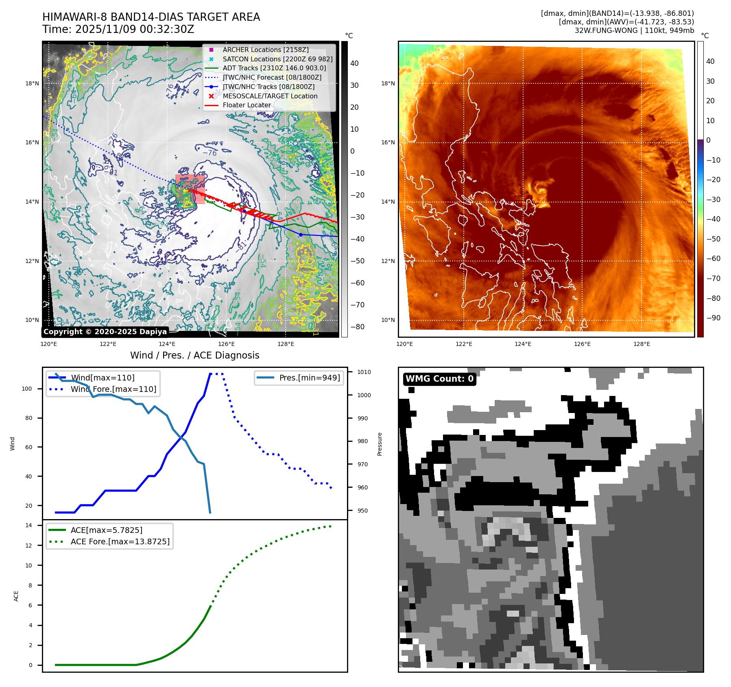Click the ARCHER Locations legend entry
pos(265,50)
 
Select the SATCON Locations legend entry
pos(277,59)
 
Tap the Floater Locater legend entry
pos(247,105)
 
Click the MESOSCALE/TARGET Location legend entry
pos(270,96)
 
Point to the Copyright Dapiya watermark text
pos(105,332)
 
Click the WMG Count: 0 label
pos(439,379)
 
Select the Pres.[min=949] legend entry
pos(309,378)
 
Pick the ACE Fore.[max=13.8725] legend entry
pos(120,541)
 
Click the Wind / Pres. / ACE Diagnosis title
pos(194,355)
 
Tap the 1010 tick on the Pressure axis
pos(364,372)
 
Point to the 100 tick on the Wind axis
pos(27,389)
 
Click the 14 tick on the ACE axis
pos(29,525)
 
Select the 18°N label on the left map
pos(32,83)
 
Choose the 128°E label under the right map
pos(642,344)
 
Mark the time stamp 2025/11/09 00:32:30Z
pos(135,29)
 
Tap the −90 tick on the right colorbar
pos(713,318)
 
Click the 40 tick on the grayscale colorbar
pos(354,63)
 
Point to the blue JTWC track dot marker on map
pos(301,235)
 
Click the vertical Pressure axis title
pos(380,444)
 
